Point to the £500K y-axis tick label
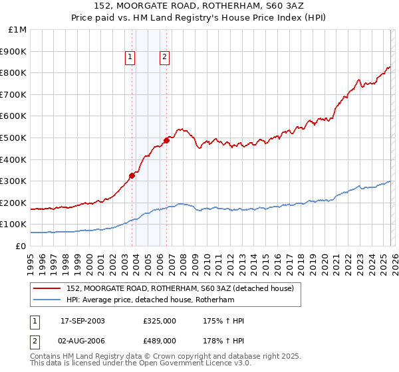pos(15,138)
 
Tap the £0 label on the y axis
pos(21,246)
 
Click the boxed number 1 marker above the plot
pos(130,57)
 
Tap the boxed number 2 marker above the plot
pos(164,57)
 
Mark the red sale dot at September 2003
pos(132,175)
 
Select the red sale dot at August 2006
pos(166,139)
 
